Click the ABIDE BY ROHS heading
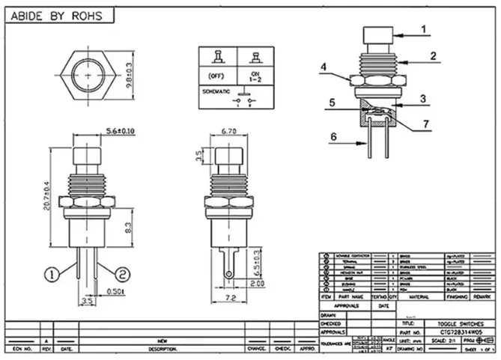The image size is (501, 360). pos(59,15)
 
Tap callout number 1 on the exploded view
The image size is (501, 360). pos(423,29)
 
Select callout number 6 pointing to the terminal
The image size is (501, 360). pos(333,136)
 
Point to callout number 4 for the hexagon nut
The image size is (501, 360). pos(323,67)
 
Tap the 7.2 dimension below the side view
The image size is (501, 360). pos(230,298)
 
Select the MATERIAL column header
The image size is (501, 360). pos(417,297)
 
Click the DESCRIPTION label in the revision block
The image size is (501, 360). pos(162,349)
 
